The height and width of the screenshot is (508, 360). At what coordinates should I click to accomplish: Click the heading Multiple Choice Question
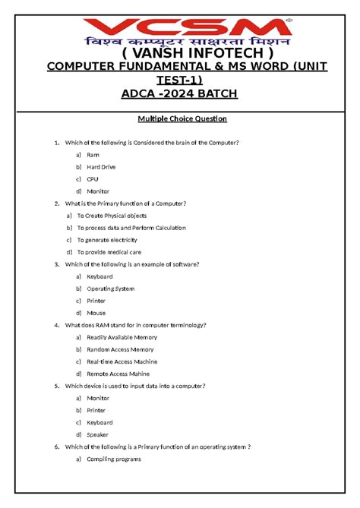[182, 119]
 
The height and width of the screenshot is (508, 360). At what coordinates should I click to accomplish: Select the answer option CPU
[93, 179]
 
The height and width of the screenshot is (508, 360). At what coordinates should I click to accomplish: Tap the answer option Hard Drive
[101, 167]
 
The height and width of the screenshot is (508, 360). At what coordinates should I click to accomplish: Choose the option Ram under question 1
[93, 155]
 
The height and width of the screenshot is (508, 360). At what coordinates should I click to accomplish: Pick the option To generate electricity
[112, 240]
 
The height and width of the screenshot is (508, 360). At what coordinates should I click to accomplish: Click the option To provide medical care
[114, 252]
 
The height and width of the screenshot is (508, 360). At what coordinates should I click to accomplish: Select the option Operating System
[111, 289]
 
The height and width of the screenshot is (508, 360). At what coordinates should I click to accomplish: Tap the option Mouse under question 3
[96, 313]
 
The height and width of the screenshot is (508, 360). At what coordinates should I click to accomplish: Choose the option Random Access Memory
[120, 349]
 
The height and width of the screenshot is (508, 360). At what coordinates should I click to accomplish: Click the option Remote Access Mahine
[118, 374]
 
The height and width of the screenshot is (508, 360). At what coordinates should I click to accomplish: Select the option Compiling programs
[114, 459]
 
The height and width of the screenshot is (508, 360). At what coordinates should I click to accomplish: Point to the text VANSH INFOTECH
[180, 55]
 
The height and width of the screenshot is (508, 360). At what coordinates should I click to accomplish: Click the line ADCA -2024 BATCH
[180, 93]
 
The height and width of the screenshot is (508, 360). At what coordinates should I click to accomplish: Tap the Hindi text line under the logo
[180, 39]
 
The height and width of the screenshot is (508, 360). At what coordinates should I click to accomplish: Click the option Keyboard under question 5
[99, 422]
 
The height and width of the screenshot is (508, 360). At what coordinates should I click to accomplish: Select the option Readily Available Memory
[122, 337]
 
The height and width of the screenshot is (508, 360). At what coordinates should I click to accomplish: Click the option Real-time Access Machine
[122, 361]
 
